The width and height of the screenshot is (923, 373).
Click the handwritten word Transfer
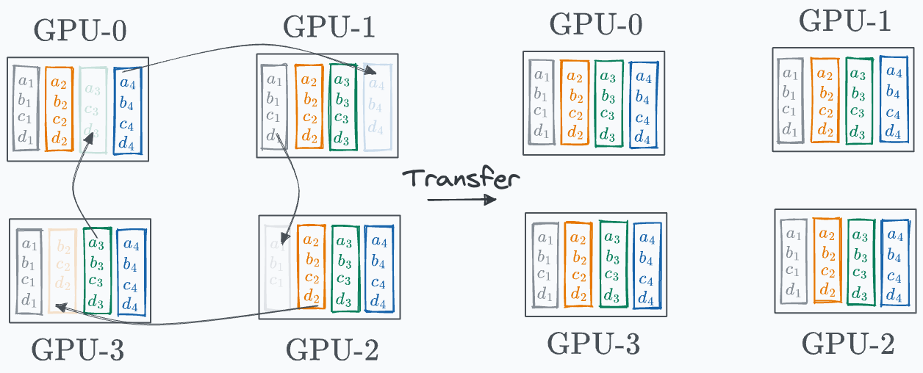pyautogui.click(x=461, y=178)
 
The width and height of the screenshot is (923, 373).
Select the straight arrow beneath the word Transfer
pyautogui.click(x=461, y=199)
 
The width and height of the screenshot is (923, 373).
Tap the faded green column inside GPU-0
pyautogui.click(x=93, y=110)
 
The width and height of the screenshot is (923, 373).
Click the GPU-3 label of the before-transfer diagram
pyautogui.click(x=77, y=350)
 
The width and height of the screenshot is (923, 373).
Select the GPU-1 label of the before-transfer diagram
pyautogui.click(x=328, y=28)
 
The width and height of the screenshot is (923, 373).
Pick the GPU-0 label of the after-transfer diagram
pyautogui.click(x=595, y=24)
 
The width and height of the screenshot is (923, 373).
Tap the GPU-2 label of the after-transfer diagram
pyautogui.click(x=847, y=343)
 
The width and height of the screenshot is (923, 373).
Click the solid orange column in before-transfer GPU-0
pyautogui.click(x=60, y=109)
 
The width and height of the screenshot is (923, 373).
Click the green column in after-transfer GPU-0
pyautogui.click(x=608, y=103)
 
